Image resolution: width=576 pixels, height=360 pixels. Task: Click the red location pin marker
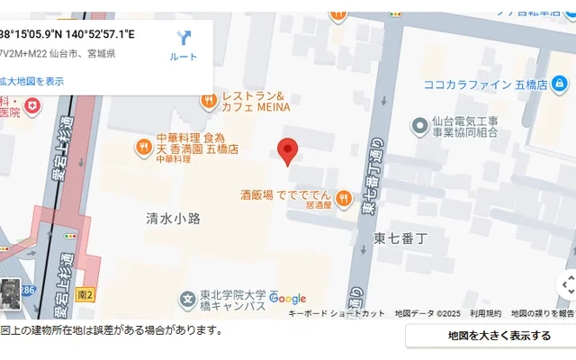coord(288,151)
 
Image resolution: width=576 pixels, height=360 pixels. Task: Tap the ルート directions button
coord(184,44)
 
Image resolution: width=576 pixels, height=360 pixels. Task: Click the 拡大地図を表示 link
coord(32,81)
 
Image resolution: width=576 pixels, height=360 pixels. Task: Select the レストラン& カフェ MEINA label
coord(256,101)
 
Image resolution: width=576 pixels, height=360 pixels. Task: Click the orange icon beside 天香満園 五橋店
coord(144,146)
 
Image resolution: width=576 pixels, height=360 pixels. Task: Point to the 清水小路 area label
coord(173,218)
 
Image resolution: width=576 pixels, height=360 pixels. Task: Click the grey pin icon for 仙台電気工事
coord(418,125)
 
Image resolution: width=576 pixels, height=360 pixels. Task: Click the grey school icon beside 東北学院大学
coord(187,299)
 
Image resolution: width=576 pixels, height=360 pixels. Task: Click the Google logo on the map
coord(287,299)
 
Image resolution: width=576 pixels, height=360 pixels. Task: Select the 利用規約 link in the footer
coord(485,313)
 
